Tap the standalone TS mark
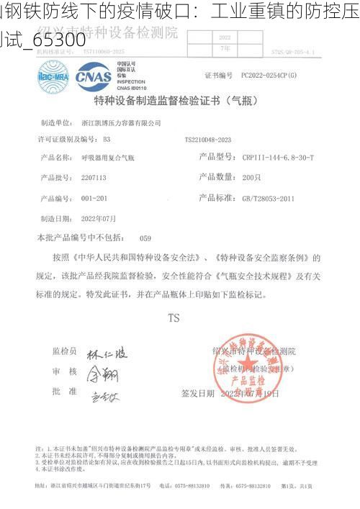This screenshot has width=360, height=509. coord(174,317)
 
